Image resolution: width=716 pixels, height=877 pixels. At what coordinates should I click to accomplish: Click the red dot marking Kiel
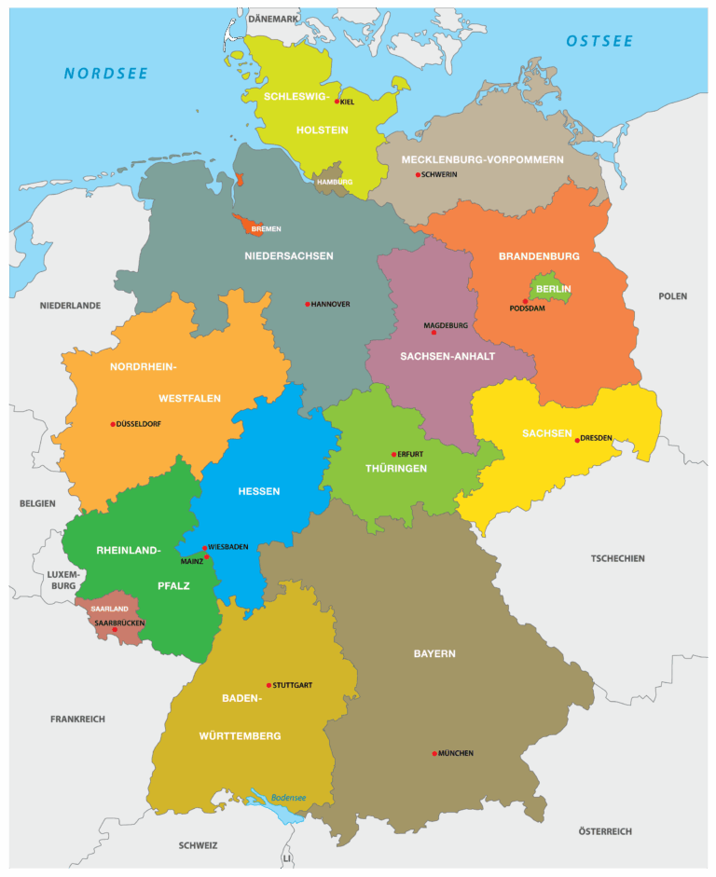coord(337,102)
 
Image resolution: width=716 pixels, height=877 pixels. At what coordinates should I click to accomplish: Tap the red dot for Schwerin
coord(418,174)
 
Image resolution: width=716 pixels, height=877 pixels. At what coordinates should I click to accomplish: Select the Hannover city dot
coord(308,304)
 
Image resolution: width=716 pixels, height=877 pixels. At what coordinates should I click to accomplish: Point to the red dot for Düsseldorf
coord(114,424)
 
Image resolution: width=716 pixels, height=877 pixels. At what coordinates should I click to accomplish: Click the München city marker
coord(434,753)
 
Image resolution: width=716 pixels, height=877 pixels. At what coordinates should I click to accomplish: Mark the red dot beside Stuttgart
coord(269,685)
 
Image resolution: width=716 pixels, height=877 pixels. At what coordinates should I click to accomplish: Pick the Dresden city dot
coord(577,440)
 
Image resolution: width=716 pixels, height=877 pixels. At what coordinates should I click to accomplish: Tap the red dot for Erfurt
coord(394,454)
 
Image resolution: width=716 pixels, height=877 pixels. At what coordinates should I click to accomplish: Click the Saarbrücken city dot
coord(115,630)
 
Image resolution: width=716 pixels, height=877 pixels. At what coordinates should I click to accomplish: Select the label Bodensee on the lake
coord(288,797)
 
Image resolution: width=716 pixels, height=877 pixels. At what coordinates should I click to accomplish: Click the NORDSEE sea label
coord(106,74)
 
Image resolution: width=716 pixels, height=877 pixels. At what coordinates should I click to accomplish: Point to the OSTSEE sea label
coord(599,41)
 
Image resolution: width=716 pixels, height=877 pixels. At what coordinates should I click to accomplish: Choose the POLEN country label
coord(672,296)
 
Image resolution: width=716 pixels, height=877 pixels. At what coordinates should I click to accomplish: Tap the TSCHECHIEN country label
coord(617,559)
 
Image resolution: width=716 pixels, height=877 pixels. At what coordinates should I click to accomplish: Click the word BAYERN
coord(434,653)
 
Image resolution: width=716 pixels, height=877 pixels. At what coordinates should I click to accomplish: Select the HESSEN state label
coord(258,491)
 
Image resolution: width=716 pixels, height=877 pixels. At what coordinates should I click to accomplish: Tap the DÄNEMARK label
coord(274,19)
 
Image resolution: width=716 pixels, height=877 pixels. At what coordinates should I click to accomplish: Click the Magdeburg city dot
coord(434,333)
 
